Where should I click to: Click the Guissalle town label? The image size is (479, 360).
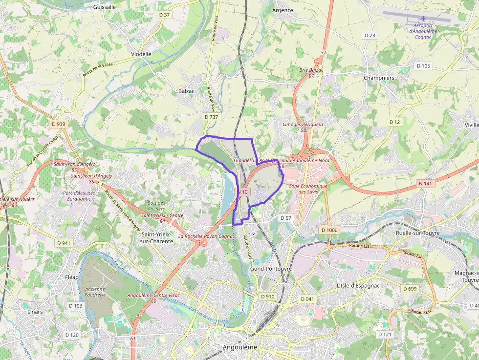point(104,7)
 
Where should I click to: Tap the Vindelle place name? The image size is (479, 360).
point(141,54)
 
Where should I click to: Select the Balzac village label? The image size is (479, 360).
point(186,91)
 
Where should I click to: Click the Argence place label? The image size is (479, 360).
point(283,10)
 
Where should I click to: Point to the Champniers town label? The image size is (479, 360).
point(379,78)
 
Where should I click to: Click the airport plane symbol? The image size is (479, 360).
point(423,19)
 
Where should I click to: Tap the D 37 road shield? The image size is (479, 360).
point(165,15)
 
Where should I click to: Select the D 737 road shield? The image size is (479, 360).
point(211,117)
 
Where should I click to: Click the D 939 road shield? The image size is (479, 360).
point(58,124)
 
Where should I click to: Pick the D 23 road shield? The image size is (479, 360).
point(370,35)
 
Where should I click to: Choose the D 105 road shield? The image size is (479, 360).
point(423,66)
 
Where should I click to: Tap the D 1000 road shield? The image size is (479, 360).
point(329,230)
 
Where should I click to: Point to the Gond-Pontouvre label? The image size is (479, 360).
point(270,269)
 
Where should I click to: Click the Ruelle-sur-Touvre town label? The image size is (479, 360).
point(417,233)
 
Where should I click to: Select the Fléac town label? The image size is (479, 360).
point(71,277)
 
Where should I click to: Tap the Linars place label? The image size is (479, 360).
point(35,312)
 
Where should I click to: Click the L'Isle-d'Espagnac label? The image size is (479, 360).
point(358,285)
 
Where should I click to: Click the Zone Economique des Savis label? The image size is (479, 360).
point(308,189)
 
